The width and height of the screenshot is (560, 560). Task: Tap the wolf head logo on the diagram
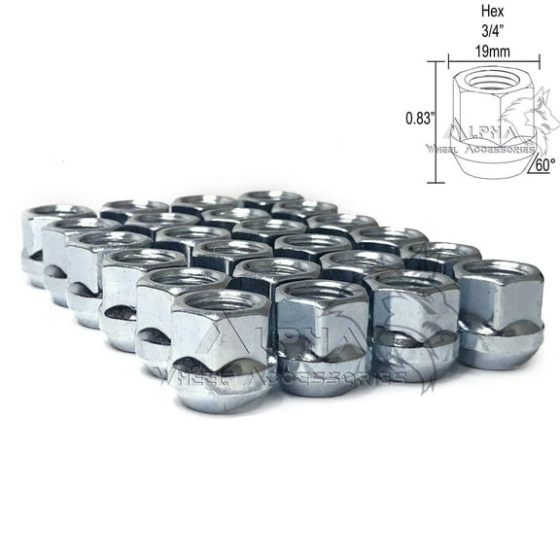(x=514, y=122)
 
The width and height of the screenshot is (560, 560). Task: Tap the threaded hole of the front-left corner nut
(x=220, y=307)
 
